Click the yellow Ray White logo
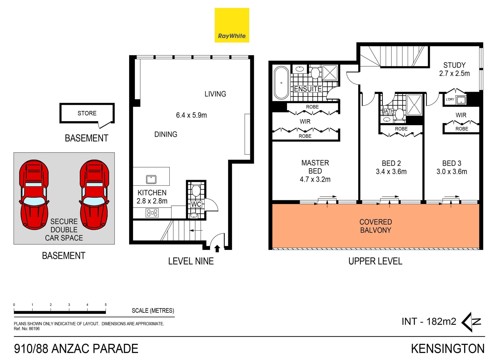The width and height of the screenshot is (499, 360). [x=232, y=25]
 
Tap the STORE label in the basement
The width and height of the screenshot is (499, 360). [x=87, y=113]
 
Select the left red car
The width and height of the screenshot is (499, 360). [x=34, y=195]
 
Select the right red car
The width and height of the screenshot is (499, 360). [x=94, y=195]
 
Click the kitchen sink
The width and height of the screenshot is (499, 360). [x=151, y=179]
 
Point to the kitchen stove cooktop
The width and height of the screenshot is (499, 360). [x=152, y=213]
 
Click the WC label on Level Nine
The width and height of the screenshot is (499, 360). [x=196, y=204]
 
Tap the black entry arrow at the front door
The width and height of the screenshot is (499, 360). [x=217, y=249]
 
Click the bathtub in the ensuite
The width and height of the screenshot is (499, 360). [x=281, y=83]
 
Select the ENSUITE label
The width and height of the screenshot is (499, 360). [x=308, y=89]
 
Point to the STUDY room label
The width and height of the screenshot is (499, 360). [x=454, y=65]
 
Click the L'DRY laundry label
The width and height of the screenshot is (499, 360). [x=450, y=99]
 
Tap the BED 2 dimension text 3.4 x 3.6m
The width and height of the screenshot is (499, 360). [x=391, y=172]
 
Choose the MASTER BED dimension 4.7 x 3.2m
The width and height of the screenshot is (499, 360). [x=315, y=179]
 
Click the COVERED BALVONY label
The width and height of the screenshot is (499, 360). [x=376, y=226]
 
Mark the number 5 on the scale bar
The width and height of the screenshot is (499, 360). [x=106, y=305]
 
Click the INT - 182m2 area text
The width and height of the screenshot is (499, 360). [x=429, y=322]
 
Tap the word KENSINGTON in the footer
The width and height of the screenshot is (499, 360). [x=448, y=349]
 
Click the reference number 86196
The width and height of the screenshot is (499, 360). [x=34, y=329]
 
